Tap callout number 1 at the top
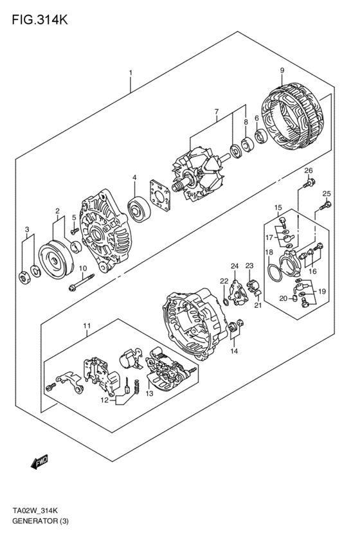tap(130, 73)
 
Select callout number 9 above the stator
tap(281, 70)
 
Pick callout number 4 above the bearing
tap(134, 177)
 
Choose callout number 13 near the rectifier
tap(149, 393)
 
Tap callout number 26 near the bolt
tap(309, 170)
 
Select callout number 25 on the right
tap(327, 193)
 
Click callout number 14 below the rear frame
tap(234, 351)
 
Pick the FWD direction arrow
tap(40, 461)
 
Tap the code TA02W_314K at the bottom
tap(35, 510)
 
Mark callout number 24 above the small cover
tap(235, 265)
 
